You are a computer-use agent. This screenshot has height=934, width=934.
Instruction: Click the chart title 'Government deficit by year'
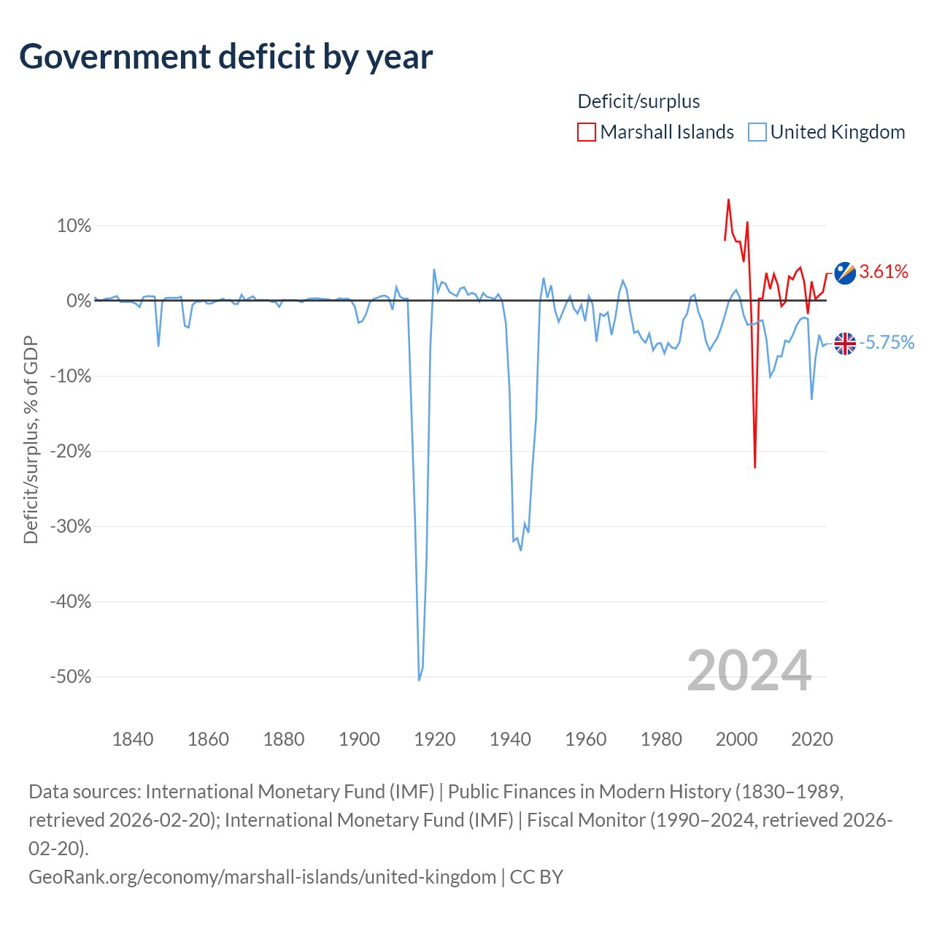[x=225, y=58]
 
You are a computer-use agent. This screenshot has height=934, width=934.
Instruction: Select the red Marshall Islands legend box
[x=586, y=132]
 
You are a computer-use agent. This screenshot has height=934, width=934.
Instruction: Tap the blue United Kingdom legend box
[x=757, y=132]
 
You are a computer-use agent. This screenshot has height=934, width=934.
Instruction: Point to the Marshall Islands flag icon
[x=845, y=273]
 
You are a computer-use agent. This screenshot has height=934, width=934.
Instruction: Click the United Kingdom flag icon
[x=845, y=344]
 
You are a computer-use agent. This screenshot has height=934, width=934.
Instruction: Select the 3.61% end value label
[x=884, y=272]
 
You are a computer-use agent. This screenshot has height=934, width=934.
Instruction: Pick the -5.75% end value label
[x=887, y=343]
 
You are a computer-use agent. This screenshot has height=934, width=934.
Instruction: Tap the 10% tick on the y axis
[x=74, y=226]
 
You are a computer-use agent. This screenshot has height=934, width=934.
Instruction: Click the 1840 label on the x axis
[x=133, y=739]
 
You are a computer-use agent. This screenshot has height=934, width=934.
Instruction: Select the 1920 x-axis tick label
[x=435, y=739]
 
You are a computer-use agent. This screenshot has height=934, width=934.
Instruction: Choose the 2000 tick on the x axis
[x=736, y=739]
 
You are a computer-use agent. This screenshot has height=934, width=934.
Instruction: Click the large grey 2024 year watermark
[x=749, y=671]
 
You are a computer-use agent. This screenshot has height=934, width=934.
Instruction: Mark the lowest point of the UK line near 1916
[x=420, y=680]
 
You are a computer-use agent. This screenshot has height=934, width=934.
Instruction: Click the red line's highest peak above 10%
[x=728, y=200]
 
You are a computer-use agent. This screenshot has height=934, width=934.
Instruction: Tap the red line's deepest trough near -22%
[x=754, y=467]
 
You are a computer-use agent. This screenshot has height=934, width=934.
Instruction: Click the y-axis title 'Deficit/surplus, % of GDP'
[x=31, y=439]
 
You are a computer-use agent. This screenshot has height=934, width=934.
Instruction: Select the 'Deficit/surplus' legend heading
[x=638, y=101]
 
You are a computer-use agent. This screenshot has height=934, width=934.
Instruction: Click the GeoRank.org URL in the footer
[x=262, y=877]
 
